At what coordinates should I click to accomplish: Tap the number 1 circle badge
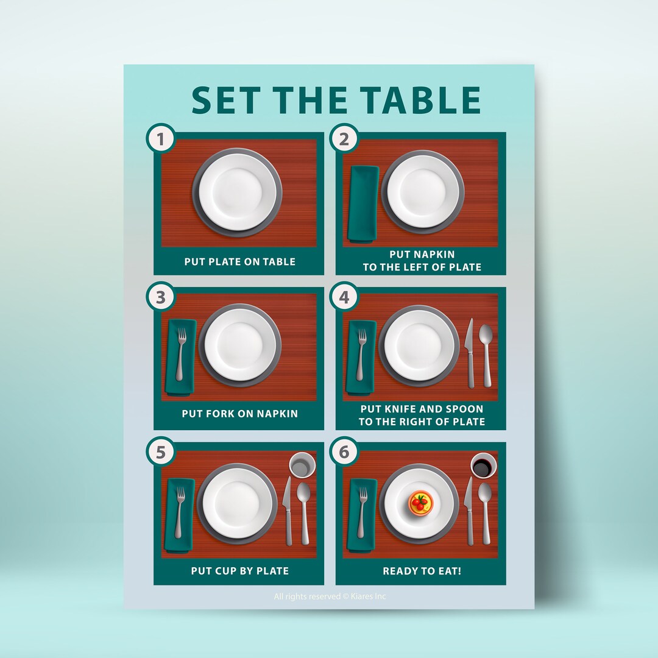[161, 140]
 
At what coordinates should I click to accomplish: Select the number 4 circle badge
[344, 297]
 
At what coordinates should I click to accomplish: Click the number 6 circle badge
[344, 452]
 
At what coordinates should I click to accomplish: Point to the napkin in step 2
[363, 203]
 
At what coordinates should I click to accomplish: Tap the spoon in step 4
[486, 353]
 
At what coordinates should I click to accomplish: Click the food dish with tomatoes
[419, 503]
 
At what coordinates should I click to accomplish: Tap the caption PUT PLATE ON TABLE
[239, 262]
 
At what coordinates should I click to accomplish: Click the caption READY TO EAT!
[421, 571]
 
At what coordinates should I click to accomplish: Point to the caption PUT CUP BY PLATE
[239, 571]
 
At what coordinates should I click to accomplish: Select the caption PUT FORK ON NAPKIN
[239, 414]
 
